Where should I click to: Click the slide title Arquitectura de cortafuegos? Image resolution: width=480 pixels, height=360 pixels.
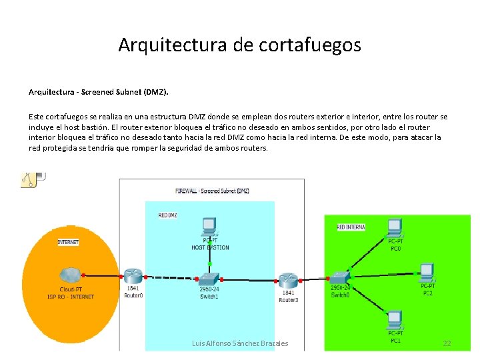(x=239, y=45)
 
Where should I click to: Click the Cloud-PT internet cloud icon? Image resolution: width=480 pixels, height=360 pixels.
(x=69, y=275)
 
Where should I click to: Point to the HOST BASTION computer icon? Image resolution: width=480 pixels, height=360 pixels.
(x=210, y=227)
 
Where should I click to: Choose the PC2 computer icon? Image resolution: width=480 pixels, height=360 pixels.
(x=427, y=273)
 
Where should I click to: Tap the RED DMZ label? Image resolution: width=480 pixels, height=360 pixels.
(x=167, y=215)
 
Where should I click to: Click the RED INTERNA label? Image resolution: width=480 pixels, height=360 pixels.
(x=351, y=227)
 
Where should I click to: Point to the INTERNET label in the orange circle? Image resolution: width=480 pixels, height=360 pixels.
(x=68, y=242)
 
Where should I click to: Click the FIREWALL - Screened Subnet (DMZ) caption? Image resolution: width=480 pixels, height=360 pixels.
(x=212, y=191)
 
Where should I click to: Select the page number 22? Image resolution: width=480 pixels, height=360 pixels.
(x=447, y=343)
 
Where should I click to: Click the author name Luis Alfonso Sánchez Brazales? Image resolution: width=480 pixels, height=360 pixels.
(x=240, y=343)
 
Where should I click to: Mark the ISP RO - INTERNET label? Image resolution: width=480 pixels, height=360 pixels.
(x=70, y=297)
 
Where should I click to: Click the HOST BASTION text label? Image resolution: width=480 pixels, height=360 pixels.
(x=210, y=247)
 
